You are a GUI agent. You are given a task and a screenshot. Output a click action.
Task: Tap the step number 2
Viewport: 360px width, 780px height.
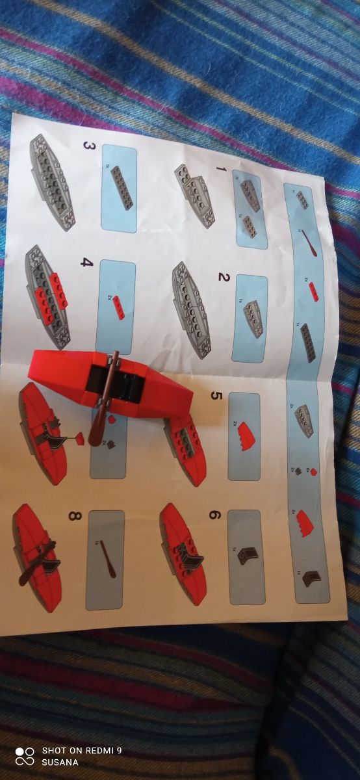(224, 278)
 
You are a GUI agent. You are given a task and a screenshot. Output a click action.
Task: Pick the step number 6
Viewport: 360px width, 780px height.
(215, 515)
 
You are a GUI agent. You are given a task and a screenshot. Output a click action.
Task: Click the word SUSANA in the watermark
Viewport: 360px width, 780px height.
(60, 762)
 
